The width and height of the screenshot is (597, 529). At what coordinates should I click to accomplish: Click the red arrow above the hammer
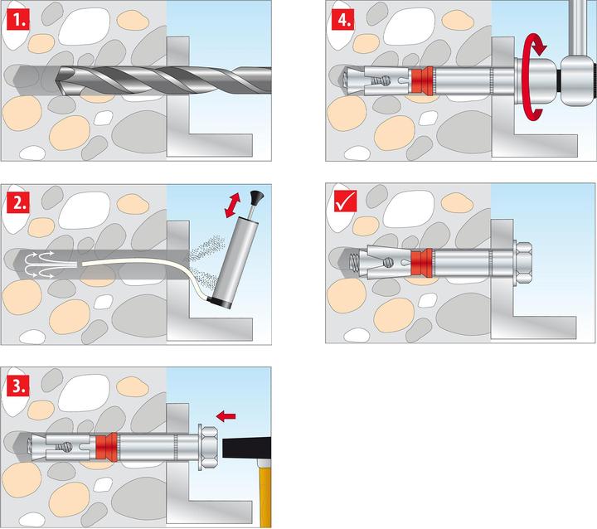225,412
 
